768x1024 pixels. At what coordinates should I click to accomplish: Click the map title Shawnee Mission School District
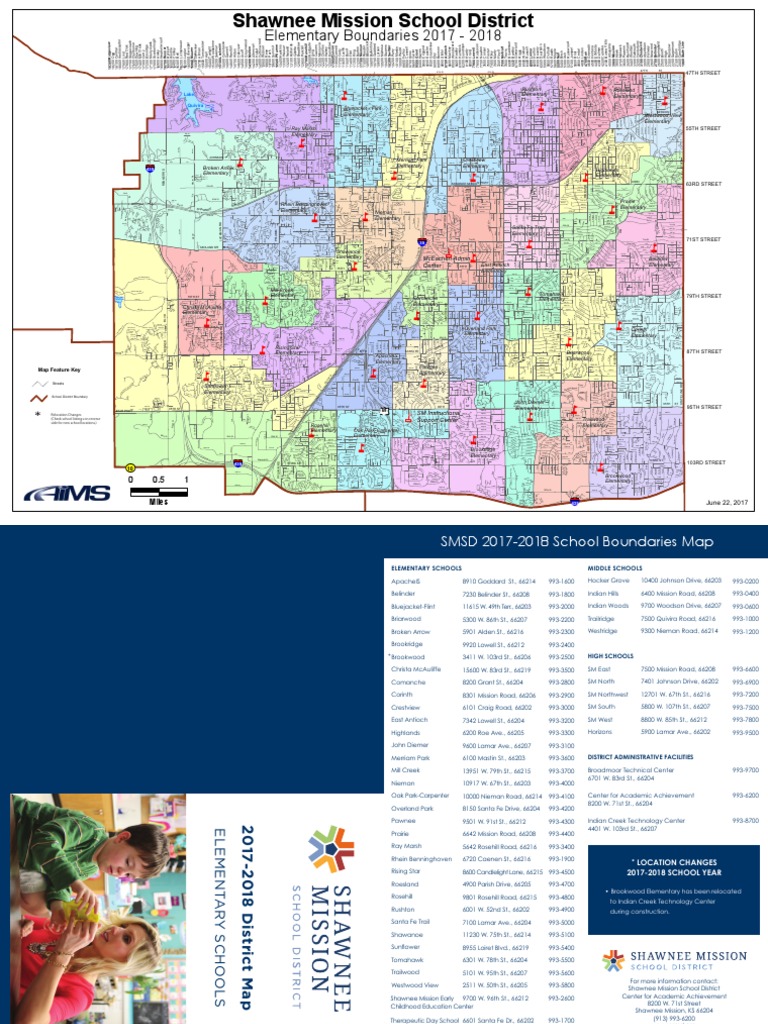(x=383, y=20)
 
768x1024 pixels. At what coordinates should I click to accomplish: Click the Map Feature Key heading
(x=58, y=369)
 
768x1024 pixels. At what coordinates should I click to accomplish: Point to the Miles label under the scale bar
(x=158, y=502)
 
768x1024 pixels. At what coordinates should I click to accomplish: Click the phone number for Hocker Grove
(x=745, y=580)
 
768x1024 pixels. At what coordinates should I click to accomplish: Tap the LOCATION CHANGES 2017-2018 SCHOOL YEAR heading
(x=674, y=866)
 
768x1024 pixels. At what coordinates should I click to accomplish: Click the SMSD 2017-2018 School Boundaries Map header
(x=577, y=541)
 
